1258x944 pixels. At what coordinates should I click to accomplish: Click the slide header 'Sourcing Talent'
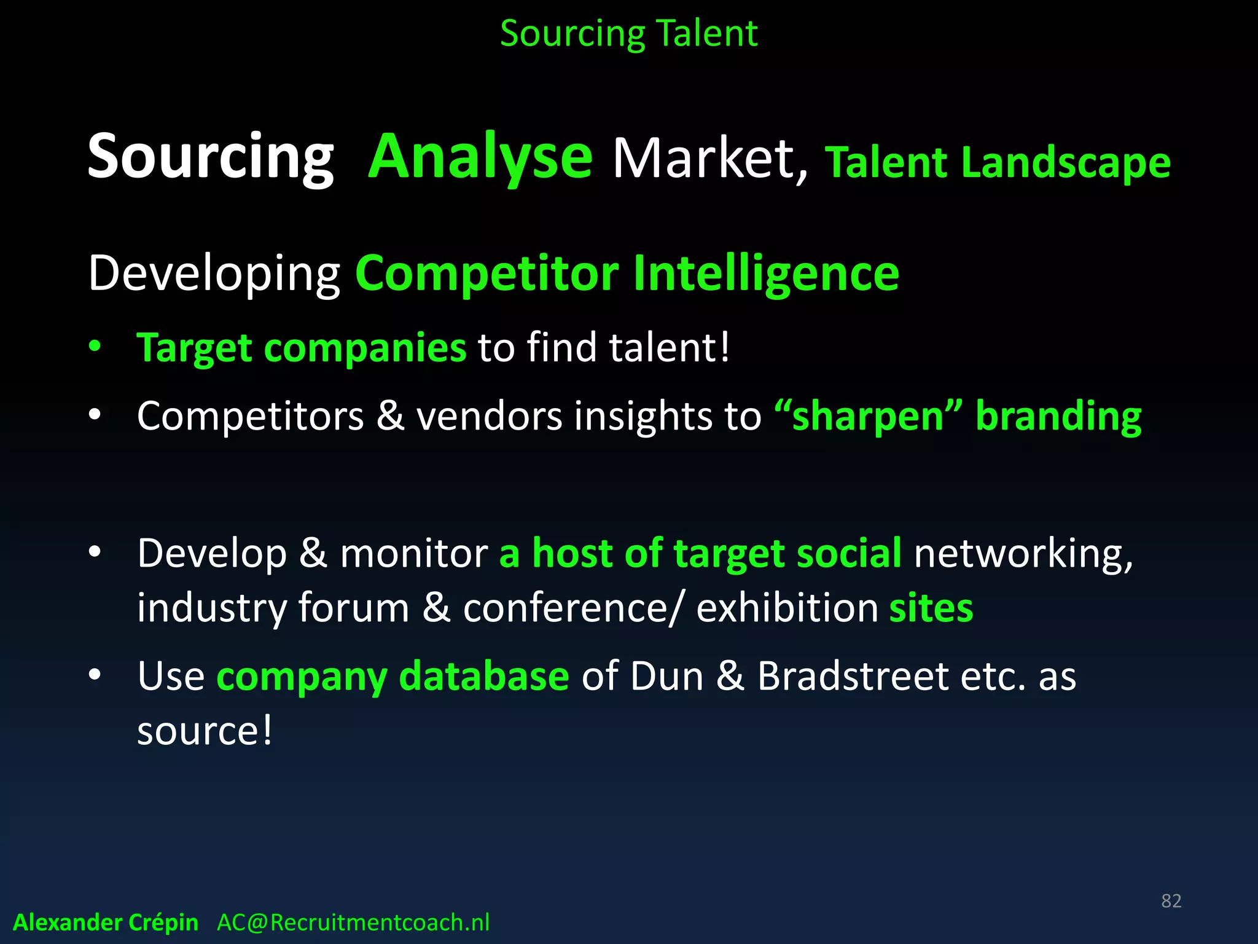628,33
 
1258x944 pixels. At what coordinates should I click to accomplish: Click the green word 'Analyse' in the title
480,157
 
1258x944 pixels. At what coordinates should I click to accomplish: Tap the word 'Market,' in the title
710,160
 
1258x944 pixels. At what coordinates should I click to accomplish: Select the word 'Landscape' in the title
1066,163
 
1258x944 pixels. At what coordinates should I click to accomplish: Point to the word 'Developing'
214,273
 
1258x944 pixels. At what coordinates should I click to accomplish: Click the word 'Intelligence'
766,273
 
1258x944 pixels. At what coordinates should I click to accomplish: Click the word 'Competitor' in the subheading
487,273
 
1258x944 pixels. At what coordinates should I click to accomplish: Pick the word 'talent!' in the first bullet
670,347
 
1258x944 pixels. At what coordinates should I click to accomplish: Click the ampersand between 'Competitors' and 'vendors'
390,416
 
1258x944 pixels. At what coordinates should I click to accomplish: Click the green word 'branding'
1058,416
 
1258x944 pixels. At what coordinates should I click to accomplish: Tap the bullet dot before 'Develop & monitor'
94,553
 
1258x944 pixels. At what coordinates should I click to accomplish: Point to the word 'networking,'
1023,554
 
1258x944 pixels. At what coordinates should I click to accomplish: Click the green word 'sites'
931,608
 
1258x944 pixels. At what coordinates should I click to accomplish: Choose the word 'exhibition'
787,608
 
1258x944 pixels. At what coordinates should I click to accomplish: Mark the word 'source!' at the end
205,731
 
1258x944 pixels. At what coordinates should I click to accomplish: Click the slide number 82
1171,900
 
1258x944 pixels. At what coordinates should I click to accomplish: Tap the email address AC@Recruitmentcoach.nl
353,922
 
